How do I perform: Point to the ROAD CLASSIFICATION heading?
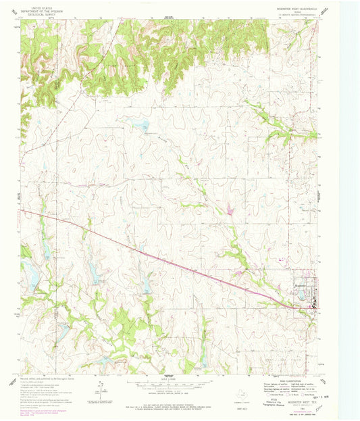[x=291, y=379]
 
